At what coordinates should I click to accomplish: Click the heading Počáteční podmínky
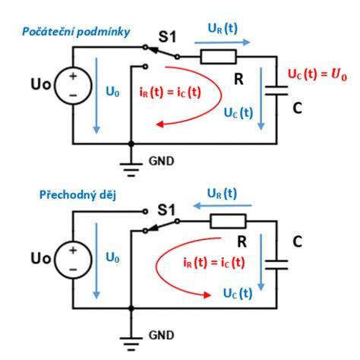click(x=76, y=32)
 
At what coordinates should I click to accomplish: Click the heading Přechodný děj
click(x=77, y=195)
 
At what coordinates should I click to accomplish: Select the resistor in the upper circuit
click(x=219, y=57)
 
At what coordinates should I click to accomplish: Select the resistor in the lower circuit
click(x=228, y=221)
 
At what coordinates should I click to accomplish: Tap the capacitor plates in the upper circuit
click(x=276, y=90)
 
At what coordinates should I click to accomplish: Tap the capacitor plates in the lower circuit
click(x=276, y=264)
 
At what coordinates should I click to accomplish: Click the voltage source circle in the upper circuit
click(x=73, y=86)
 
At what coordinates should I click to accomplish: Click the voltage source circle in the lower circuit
click(x=73, y=260)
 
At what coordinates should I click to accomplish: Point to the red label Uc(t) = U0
click(x=317, y=74)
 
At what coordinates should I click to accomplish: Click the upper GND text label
click(x=162, y=161)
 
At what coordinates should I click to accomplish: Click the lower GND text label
click(x=162, y=335)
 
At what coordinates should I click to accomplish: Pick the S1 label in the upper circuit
click(x=167, y=36)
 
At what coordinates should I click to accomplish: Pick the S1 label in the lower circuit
click(x=166, y=210)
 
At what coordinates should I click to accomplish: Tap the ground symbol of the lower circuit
click(x=131, y=344)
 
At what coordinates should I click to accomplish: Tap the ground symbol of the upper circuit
click(x=131, y=169)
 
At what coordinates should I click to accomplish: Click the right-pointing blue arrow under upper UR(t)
click(x=223, y=43)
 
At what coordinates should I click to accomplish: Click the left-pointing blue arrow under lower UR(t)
click(x=223, y=206)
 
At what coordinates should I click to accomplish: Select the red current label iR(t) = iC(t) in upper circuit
click(x=170, y=93)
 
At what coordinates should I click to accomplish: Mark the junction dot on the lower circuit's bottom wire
click(x=131, y=308)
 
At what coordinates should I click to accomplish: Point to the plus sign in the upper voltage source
click(x=73, y=76)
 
